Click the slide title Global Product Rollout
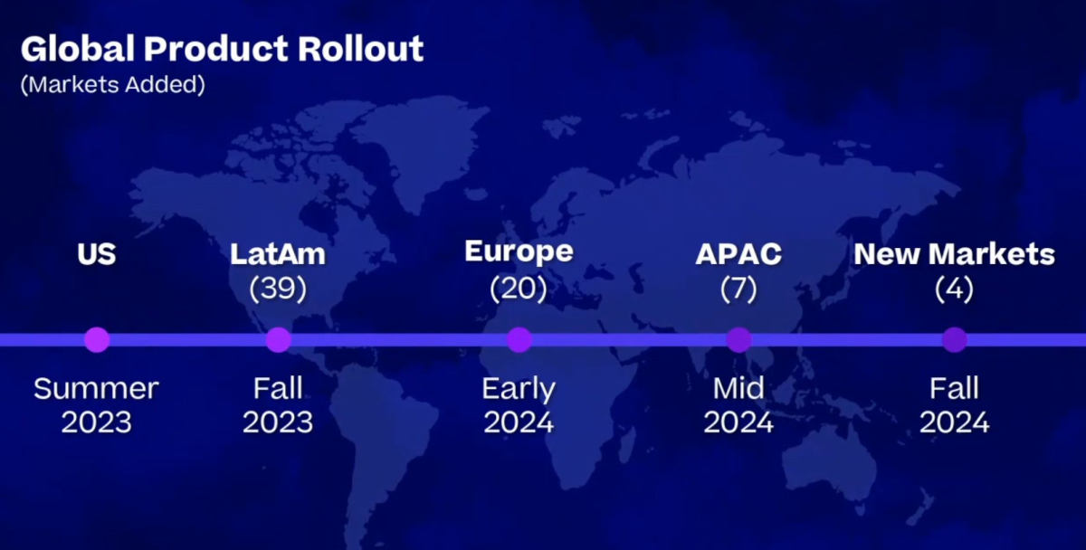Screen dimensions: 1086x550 (x=222, y=49)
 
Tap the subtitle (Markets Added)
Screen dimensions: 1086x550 (x=113, y=84)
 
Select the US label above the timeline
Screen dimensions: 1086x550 (x=97, y=254)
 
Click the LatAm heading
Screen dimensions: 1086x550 (x=278, y=254)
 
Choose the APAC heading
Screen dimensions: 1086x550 (x=738, y=254)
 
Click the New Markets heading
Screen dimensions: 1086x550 (x=954, y=254)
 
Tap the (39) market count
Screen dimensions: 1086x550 (x=278, y=289)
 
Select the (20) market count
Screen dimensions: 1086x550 (x=519, y=289)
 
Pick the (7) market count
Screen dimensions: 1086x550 (x=738, y=289)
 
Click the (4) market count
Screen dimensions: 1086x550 (x=954, y=289)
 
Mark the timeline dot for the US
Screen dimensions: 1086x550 (x=97, y=340)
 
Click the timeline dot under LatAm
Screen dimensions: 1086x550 (x=279, y=340)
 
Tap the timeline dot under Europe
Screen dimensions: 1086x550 (x=519, y=340)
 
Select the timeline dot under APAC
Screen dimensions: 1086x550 (x=738, y=340)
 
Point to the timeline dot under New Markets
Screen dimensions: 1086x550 (x=955, y=340)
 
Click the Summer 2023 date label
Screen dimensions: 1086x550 (x=96, y=405)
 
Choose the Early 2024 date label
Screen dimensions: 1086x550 (x=519, y=405)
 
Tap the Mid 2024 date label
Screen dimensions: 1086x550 (x=738, y=405)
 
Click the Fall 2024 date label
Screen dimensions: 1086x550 (x=954, y=405)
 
